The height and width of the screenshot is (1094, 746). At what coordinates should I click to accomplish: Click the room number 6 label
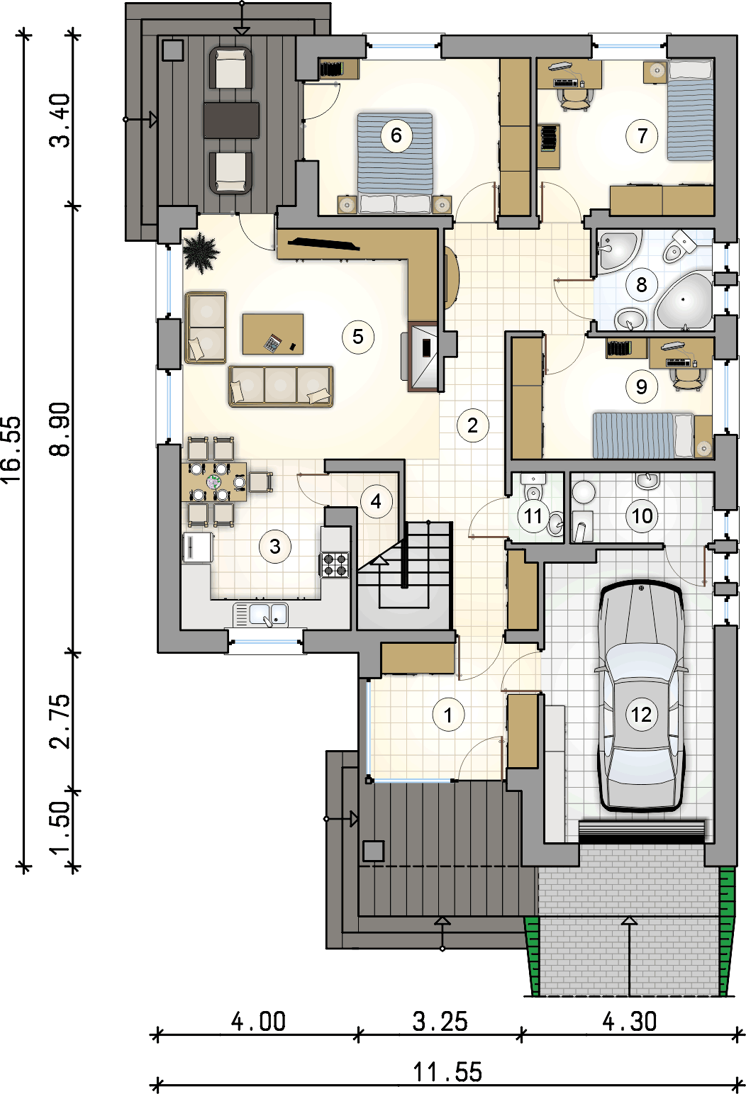[x=396, y=135]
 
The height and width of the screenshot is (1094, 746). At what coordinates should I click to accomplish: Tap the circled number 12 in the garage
[x=642, y=715]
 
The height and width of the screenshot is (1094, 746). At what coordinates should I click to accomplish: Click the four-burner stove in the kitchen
[x=335, y=564]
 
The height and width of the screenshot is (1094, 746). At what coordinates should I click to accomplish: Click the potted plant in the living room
[x=201, y=252]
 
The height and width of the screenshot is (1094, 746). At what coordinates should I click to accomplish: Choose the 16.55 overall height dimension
[x=12, y=450]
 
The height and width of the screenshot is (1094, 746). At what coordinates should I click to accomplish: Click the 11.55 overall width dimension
[x=447, y=1072]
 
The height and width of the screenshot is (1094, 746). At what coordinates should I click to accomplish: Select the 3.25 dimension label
[x=440, y=1022]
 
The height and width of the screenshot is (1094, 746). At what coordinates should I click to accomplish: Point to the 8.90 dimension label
[x=60, y=429]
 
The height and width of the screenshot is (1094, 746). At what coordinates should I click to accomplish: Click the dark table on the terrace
[x=232, y=120]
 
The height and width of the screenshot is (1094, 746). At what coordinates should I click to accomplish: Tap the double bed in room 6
[x=395, y=164]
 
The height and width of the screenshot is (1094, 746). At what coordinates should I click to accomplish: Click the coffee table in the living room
[x=273, y=334]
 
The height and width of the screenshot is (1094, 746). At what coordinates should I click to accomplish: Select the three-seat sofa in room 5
[x=281, y=386]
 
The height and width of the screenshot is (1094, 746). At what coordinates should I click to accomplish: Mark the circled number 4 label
[x=376, y=501]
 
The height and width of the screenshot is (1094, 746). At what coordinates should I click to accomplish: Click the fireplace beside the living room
[x=423, y=357]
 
